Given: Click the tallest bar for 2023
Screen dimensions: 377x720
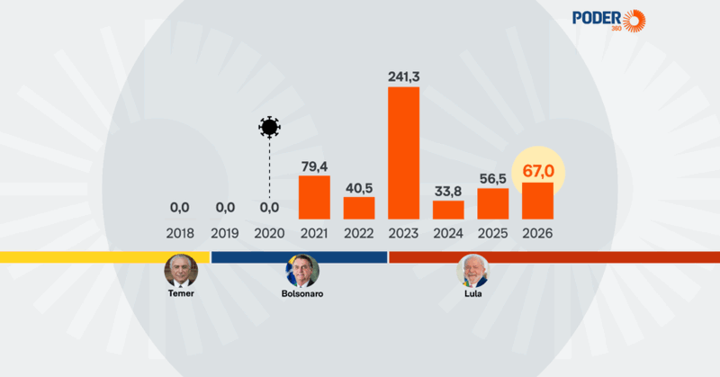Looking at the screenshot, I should tap(403, 153).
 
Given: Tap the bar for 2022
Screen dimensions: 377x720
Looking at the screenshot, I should tap(359, 209).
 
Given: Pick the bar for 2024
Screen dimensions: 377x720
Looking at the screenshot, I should tap(448, 211).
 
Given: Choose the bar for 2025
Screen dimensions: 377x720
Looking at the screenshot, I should tap(493, 204).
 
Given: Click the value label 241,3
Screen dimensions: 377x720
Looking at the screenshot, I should tap(403, 75).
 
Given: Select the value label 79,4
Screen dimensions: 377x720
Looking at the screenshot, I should tap(314, 164).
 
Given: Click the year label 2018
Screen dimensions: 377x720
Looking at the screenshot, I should tap(180, 233).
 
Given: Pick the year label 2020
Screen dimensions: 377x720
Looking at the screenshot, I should tap(269, 233).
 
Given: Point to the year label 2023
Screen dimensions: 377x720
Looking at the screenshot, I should tap(403, 233).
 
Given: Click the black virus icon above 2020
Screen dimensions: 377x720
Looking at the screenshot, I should tap(268, 127).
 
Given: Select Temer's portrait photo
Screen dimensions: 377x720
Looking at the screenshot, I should tap(180, 270).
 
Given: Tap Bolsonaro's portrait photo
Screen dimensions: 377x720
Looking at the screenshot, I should tap(301, 270).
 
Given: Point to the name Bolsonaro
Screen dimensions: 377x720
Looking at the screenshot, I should tap(301, 294).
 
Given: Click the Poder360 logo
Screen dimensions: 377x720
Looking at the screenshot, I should tap(609, 19).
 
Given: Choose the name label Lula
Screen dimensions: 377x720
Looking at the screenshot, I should tap(471, 294).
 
